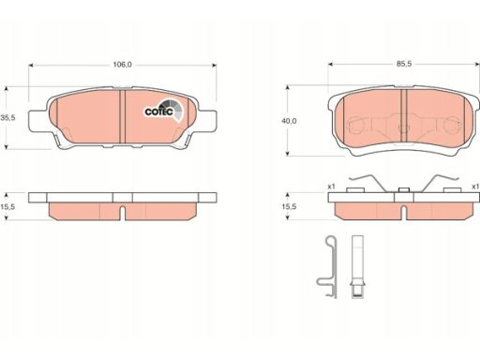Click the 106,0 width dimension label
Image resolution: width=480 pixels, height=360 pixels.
(122, 65)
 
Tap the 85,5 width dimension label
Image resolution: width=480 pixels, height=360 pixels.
(404, 64)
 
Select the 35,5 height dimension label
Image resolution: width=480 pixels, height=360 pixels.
(8, 118)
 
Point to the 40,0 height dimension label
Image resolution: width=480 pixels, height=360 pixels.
(289, 121)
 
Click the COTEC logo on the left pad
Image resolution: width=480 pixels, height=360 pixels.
(164, 111)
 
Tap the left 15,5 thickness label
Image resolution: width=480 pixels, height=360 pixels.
(8, 206)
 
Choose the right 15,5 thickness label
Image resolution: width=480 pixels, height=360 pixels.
(289, 206)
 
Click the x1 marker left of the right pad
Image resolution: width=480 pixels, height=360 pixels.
(331, 187)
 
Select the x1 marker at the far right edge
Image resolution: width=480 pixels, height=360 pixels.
(475, 187)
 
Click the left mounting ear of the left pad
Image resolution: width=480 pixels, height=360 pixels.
(38, 121)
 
